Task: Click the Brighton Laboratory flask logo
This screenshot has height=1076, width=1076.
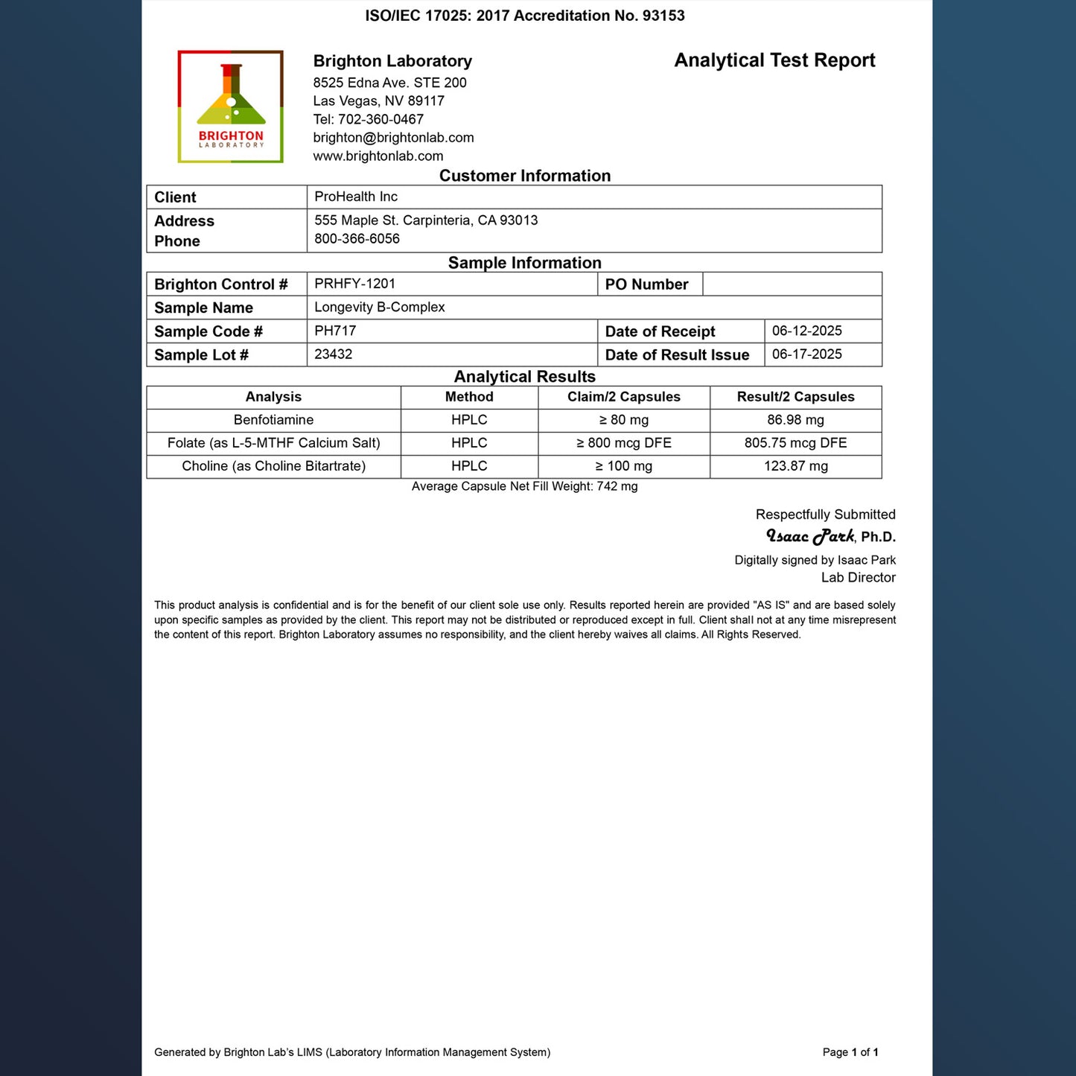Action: tap(230, 106)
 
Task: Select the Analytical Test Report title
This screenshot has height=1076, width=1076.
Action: tap(774, 60)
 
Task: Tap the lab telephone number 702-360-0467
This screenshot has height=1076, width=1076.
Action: tap(381, 119)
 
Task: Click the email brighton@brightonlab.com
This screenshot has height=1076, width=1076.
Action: tap(393, 138)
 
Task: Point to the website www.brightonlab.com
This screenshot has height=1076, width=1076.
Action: tap(378, 156)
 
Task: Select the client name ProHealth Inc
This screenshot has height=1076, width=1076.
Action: tap(356, 197)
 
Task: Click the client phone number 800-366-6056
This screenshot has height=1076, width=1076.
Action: tap(357, 239)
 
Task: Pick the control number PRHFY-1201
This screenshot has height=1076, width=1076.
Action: tap(354, 284)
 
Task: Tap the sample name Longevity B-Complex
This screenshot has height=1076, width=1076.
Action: tap(379, 308)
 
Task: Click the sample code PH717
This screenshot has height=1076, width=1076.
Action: tap(335, 331)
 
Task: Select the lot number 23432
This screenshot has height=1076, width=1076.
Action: tap(333, 354)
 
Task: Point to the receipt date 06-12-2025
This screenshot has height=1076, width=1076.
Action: tap(806, 331)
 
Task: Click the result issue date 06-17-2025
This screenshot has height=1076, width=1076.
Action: tap(806, 354)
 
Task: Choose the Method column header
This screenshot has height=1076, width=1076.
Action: tap(469, 397)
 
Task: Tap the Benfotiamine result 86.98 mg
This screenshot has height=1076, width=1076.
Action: tap(795, 420)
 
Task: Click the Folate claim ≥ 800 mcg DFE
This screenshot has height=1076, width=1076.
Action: tap(623, 443)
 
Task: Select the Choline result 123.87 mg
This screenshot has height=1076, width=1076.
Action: tap(795, 466)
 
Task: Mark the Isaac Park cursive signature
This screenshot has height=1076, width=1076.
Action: tap(810, 536)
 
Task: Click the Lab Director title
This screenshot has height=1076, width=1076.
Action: tap(858, 578)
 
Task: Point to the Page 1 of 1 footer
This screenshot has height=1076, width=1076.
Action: tap(850, 1052)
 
